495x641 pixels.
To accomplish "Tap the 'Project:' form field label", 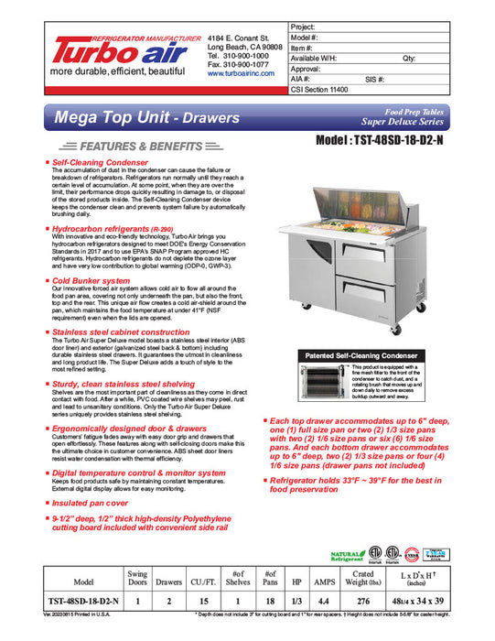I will (305, 27).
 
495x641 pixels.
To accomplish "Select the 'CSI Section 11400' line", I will (322, 91).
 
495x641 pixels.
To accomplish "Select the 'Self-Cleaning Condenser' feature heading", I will (100, 161).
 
